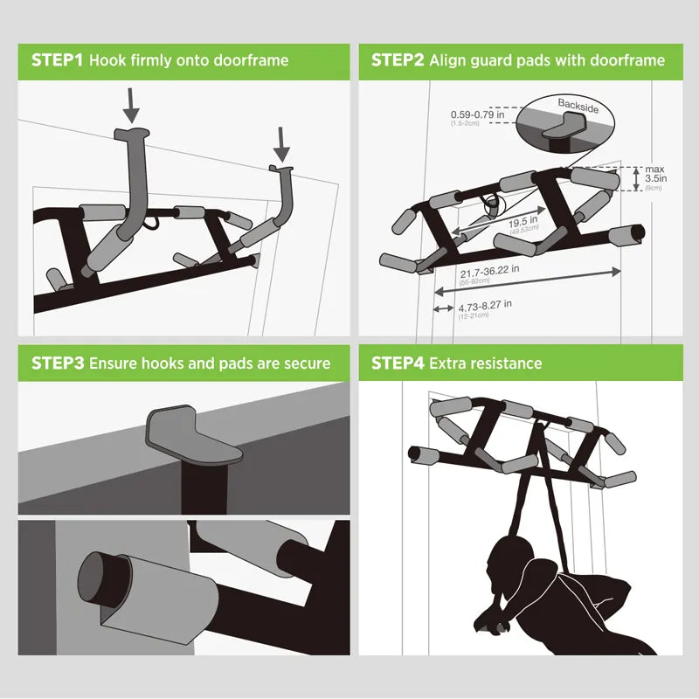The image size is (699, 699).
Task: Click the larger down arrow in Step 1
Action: [x=131, y=102]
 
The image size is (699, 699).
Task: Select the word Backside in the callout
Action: [x=578, y=104]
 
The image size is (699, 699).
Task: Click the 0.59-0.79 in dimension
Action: [x=477, y=114]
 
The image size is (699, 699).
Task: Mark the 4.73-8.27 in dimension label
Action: [x=485, y=305]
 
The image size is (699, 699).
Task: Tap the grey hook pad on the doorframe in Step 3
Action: [x=194, y=435]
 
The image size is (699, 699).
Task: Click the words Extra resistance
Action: [x=486, y=363]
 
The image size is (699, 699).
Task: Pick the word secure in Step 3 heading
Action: [x=307, y=363]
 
